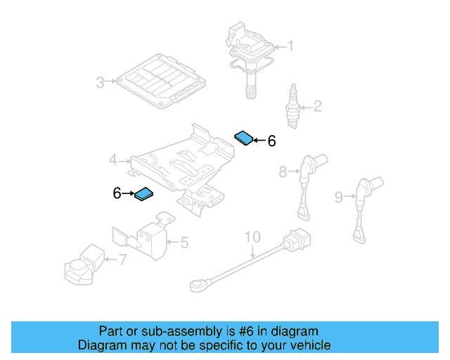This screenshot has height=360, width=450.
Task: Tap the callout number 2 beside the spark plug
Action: pos(317,107)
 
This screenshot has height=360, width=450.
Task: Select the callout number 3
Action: pos(101,83)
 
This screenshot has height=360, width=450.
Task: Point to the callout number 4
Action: pos(112,161)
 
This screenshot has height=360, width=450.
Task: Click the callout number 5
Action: pos(184,243)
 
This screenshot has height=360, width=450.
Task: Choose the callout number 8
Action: pos(283,171)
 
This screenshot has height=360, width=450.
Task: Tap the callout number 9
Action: pos(339,198)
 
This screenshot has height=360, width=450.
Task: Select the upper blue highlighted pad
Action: pos(243,137)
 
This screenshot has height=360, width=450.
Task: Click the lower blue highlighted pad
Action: pos(144,194)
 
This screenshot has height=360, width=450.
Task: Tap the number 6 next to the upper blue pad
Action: pos(271,141)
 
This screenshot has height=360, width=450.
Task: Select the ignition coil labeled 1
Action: pos(249,56)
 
